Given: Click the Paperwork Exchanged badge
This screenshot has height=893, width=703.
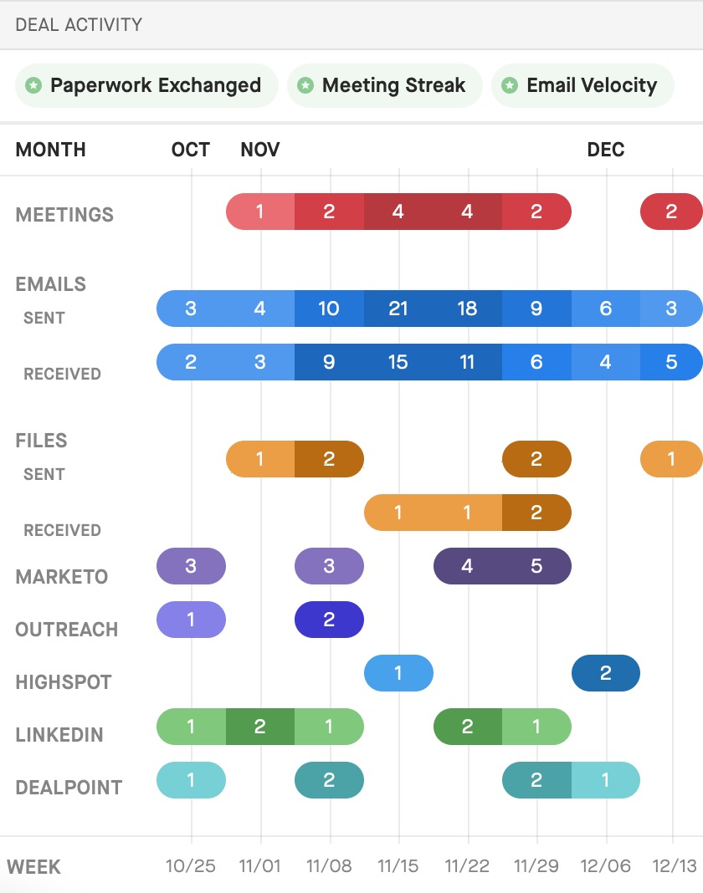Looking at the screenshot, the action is pos(146,85).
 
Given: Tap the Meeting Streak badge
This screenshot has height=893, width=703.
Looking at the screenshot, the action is pos(385,85).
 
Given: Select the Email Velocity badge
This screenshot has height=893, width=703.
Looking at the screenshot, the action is pos(582,85).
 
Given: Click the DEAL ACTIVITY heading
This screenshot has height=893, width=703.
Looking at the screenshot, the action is pos(79,24).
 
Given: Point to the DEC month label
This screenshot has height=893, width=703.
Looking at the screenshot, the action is pos(606,149).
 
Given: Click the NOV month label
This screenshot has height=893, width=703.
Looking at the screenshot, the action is pos(260,149).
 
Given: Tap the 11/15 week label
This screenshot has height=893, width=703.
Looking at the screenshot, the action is pos(398,866).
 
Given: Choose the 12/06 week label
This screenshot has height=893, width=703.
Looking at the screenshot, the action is pos(606,866).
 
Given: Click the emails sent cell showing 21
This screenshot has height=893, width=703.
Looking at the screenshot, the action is pos(398,308).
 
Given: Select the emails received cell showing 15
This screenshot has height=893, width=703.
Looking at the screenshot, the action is pos(398,362).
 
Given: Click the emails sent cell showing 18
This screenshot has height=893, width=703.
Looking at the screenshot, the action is pos(468,308).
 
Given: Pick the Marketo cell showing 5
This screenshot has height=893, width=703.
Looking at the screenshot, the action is pos(536,566).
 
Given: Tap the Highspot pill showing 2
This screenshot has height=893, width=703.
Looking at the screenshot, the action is pos(606,673).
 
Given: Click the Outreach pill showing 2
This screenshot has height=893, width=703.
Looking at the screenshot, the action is pos(329,620).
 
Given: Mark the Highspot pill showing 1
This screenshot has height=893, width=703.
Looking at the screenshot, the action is pos(398,673).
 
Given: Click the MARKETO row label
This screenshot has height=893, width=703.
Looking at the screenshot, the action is pos(62,576).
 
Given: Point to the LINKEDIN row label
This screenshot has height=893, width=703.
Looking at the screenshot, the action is pos(59,735).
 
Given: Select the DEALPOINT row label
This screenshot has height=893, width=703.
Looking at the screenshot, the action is pos(69,787).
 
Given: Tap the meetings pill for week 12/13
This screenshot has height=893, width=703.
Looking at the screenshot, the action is pos(672,212).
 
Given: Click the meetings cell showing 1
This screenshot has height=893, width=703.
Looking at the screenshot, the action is pos(260,212).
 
